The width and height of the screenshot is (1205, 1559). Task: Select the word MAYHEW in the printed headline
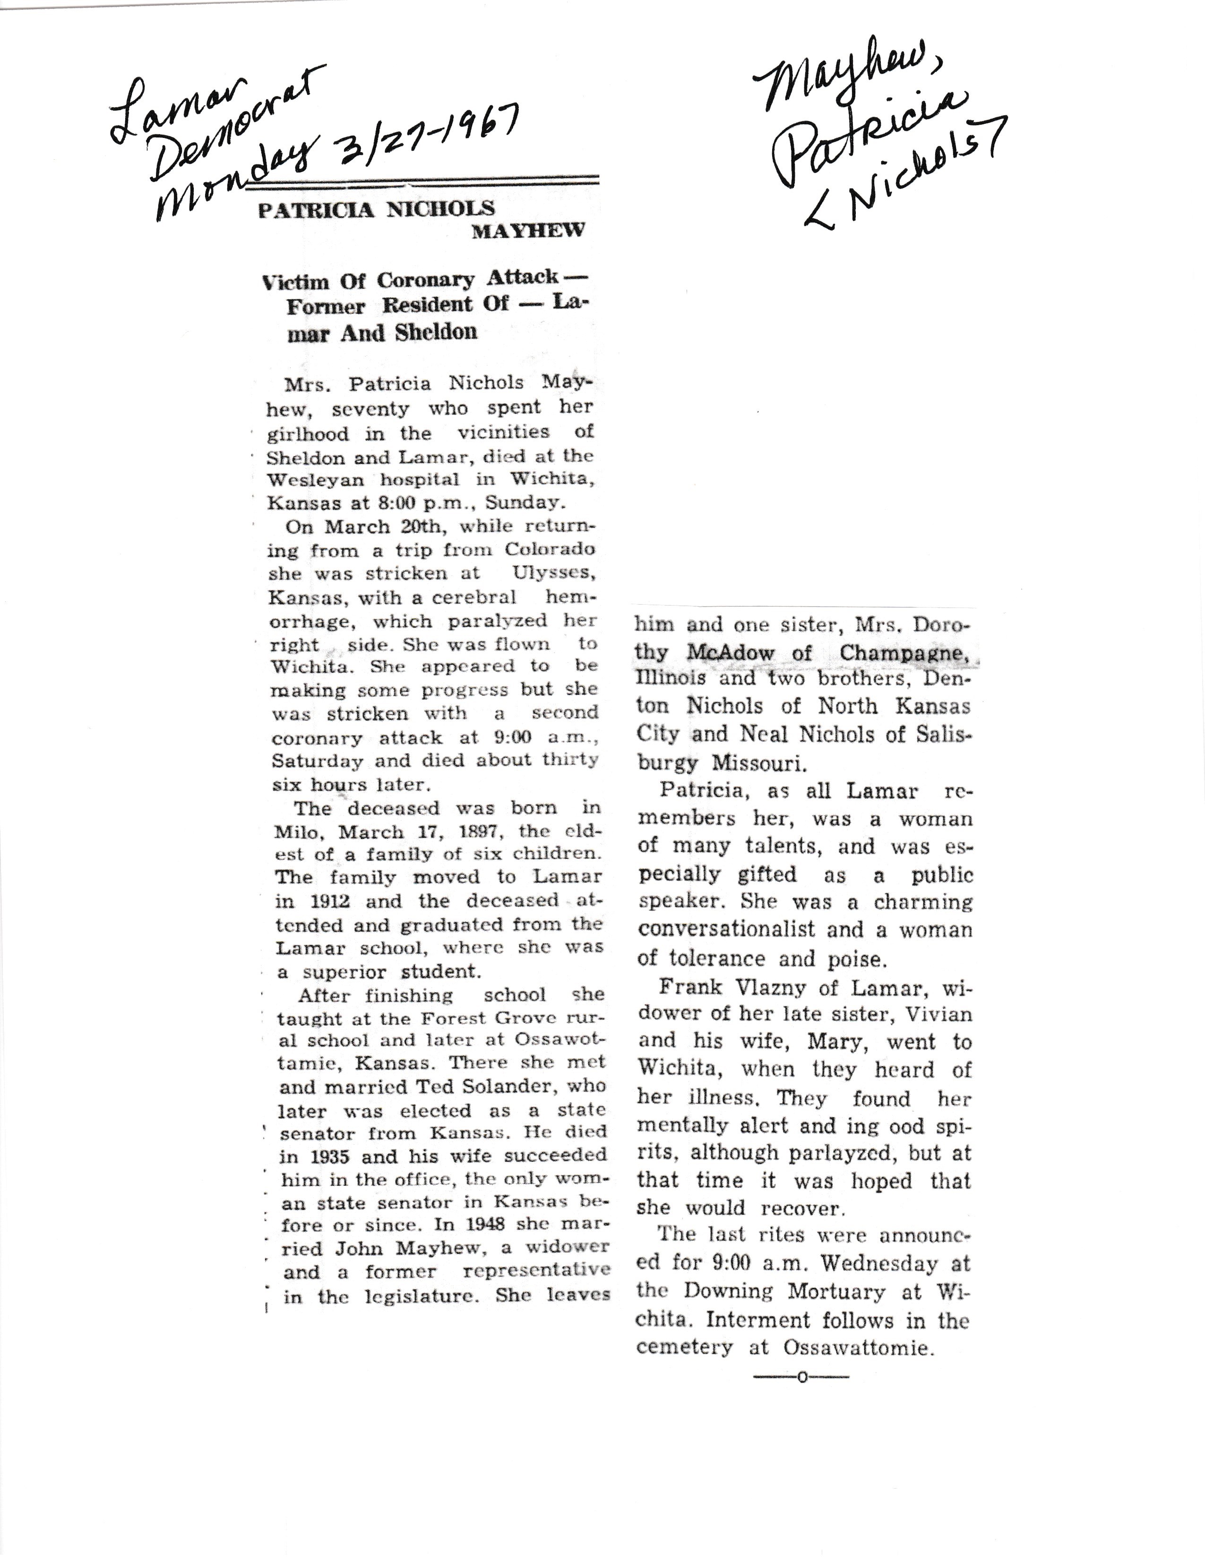coord(528,231)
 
